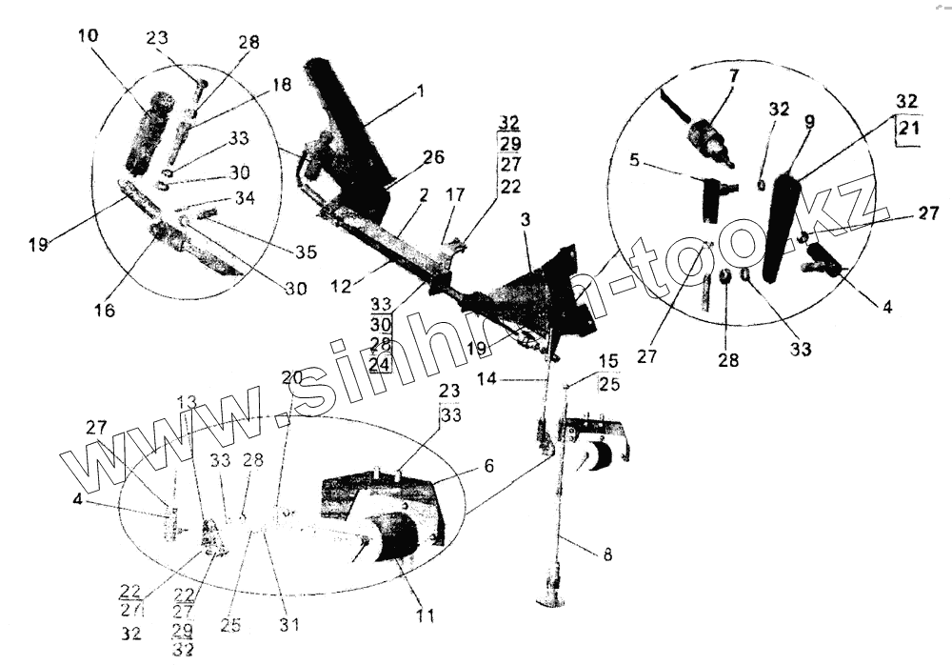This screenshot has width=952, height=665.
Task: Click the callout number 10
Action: point(87,35)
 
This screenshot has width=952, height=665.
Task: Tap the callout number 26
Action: point(433,156)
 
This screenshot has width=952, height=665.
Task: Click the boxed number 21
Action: point(909,131)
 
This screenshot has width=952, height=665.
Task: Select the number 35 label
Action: point(306,253)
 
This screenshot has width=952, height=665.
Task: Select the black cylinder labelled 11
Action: point(395,538)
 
